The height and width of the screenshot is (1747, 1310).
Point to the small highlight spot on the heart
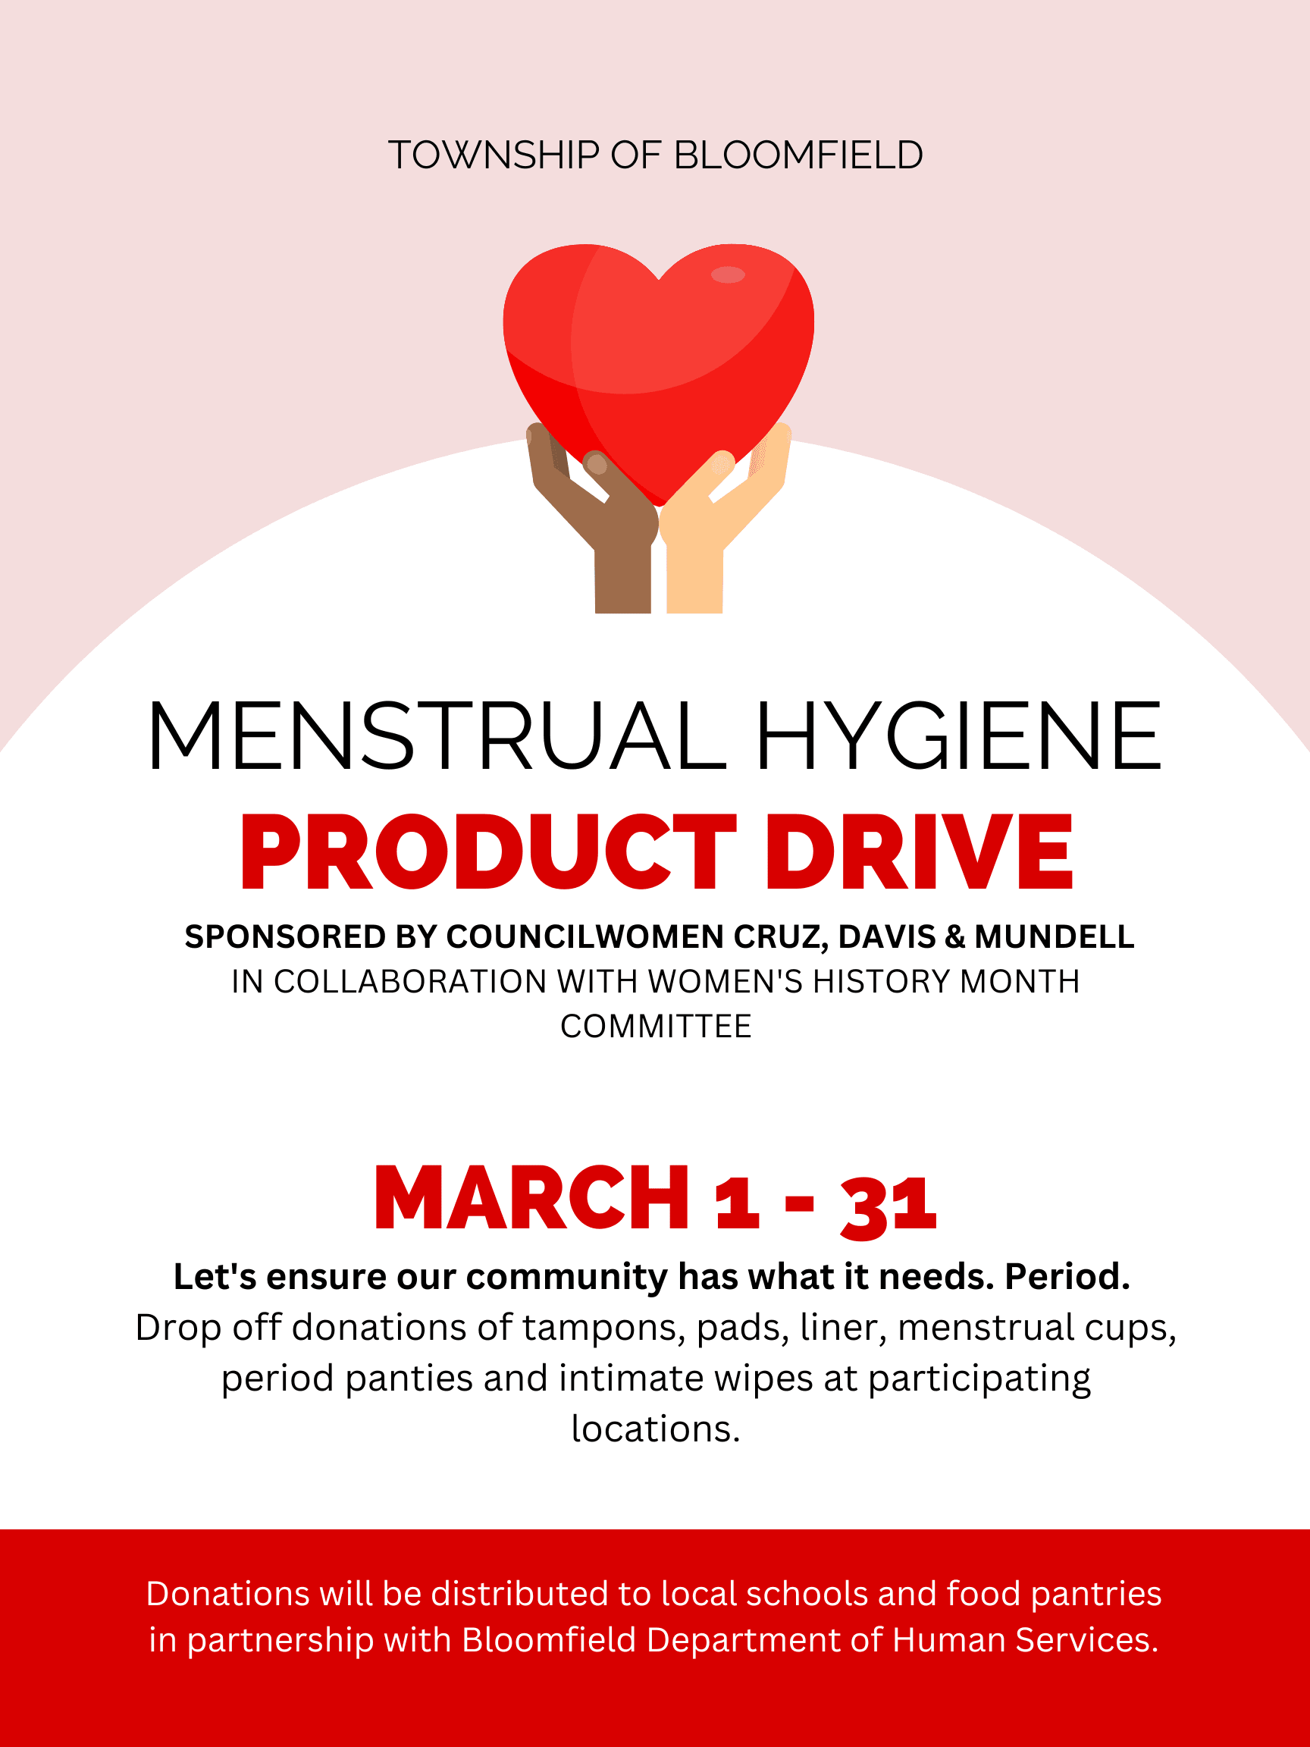pyautogui.click(x=727, y=274)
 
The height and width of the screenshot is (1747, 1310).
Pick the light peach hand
pyautogui.click(x=710, y=521)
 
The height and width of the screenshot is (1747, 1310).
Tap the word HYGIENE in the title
pyautogui.click(x=958, y=736)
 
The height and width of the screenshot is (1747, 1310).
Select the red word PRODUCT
pyautogui.click(x=488, y=853)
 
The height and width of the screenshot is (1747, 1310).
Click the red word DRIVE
pyautogui.click(x=919, y=853)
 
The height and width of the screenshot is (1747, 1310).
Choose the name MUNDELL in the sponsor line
pyautogui.click(x=1055, y=936)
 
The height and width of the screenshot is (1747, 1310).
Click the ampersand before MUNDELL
pyautogui.click(x=954, y=936)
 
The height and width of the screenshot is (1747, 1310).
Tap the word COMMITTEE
pyautogui.click(x=656, y=1027)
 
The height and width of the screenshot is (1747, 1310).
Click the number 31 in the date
pyautogui.click(x=888, y=1205)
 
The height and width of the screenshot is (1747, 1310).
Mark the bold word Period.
pyautogui.click(x=1067, y=1277)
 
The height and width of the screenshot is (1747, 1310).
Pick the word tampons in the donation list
pyautogui.click(x=603, y=1328)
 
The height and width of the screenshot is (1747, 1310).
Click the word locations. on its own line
pyautogui.click(x=656, y=1429)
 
